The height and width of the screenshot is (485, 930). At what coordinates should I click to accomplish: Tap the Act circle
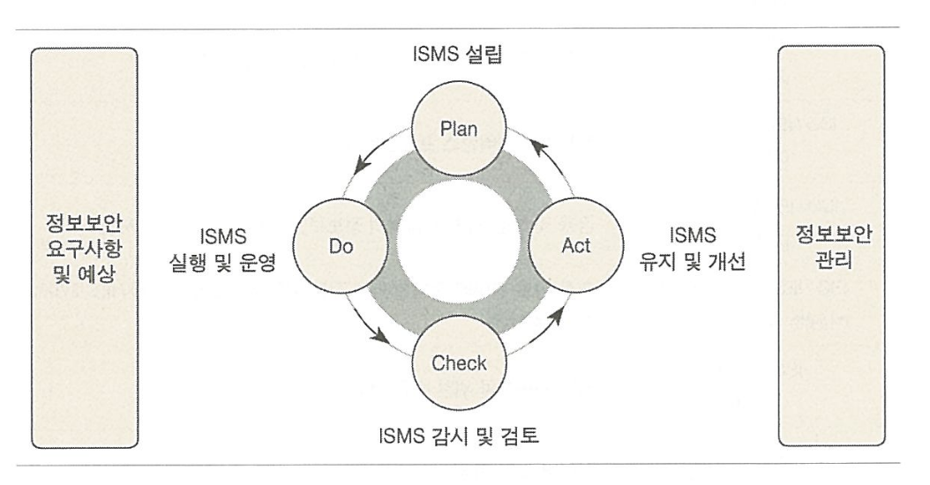[570, 245]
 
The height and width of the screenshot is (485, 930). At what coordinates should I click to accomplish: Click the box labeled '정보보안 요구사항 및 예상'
[84, 245]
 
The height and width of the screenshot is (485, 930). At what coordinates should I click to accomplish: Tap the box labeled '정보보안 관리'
[830, 245]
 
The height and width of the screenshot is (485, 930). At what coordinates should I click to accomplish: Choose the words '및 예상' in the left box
[84, 268]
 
